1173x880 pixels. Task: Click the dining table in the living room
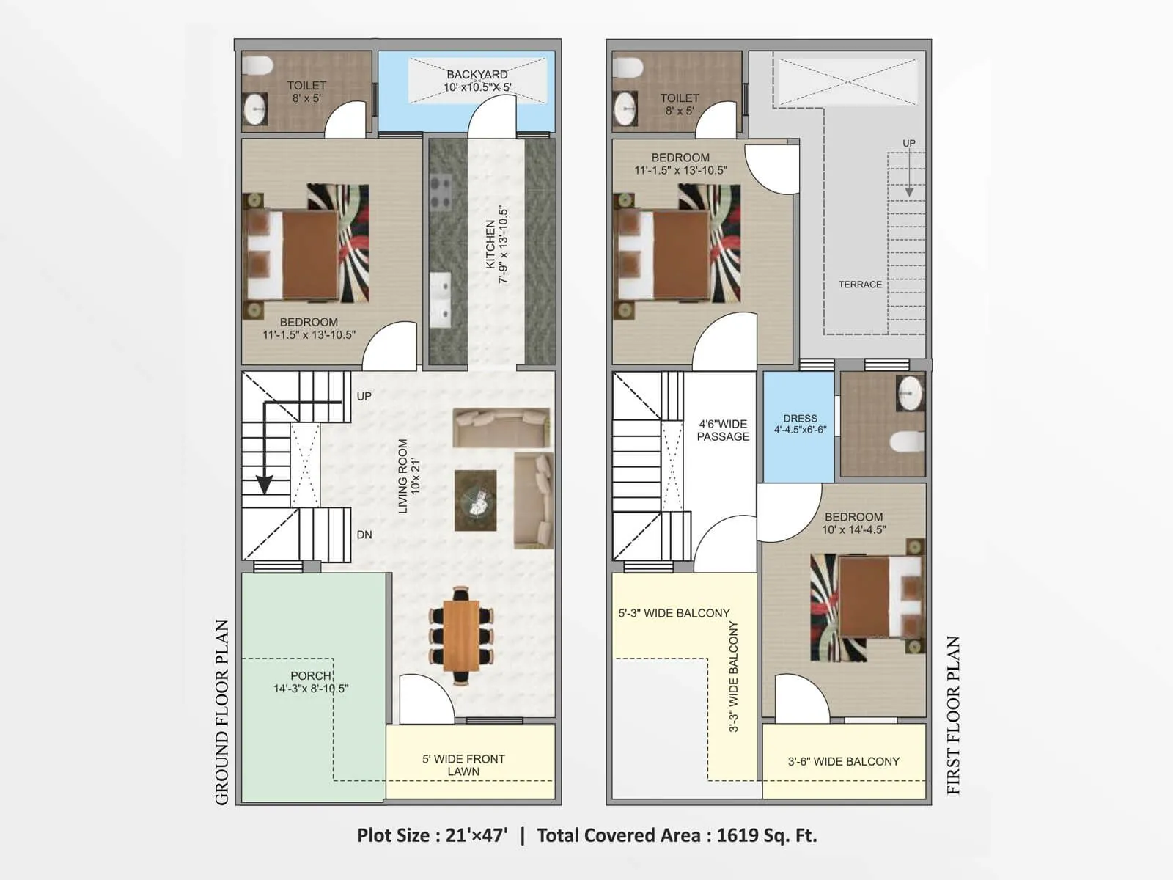461,635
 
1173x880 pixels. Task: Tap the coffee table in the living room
475,501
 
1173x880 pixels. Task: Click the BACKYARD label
477,75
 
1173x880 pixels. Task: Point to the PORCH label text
311,675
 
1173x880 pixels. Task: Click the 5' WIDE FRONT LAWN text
463,765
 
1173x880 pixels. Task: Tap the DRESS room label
800,419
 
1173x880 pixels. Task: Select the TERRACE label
860,285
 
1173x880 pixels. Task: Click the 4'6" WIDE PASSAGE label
723,430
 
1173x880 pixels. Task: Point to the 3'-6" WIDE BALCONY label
843,761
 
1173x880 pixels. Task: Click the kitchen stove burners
441,192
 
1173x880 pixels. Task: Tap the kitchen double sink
440,298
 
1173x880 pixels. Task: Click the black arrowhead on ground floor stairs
264,485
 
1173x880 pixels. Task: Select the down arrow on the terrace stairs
909,191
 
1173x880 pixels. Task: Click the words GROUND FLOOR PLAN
222,711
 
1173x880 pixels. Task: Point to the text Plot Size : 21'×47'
433,835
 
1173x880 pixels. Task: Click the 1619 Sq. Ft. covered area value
766,835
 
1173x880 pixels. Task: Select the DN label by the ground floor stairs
364,535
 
